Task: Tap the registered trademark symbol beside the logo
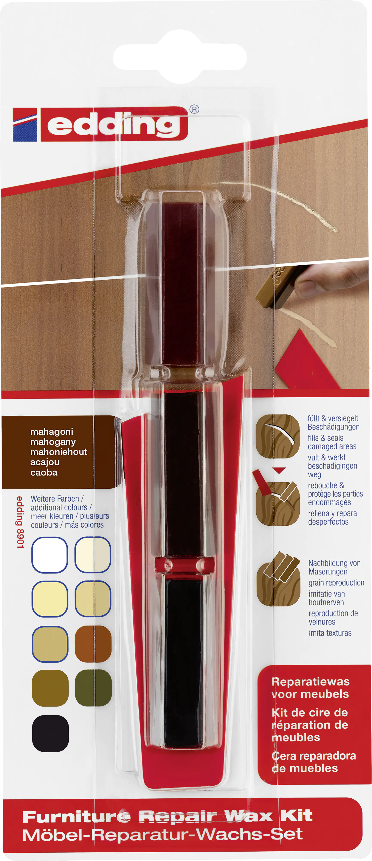pyautogui.click(x=194, y=109)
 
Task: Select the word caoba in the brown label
pyautogui.click(x=44, y=472)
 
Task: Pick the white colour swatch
pyautogui.click(x=50, y=555)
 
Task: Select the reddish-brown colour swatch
pyautogui.click(x=93, y=644)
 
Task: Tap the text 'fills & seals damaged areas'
pyautogui.click(x=332, y=442)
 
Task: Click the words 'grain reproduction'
pyautogui.click(x=336, y=583)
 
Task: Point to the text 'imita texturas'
pyautogui.click(x=330, y=633)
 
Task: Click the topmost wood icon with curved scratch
pyautogui.click(x=278, y=436)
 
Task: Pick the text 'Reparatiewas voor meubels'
pyautogui.click(x=310, y=688)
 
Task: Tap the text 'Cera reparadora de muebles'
pyautogui.click(x=313, y=762)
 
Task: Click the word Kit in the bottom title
pyautogui.click(x=296, y=816)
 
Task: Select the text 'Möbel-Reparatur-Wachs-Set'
pyautogui.click(x=163, y=835)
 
